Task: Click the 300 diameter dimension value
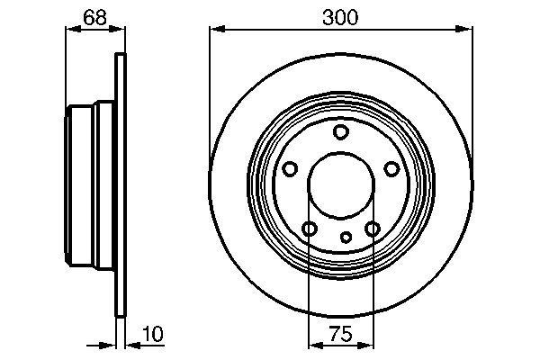coord(340,15)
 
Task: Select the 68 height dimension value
coord(94,15)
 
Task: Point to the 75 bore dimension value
coord(340,334)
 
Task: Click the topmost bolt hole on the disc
coord(340,133)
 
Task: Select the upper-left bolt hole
coord(290,169)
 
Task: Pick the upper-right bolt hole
coord(391,169)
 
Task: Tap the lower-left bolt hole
coord(309,229)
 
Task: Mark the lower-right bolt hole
coord(372,229)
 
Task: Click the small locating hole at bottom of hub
coord(346,238)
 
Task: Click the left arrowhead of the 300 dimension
coord(215,30)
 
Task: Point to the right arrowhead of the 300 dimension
coord(466,30)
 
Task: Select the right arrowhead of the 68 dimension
coord(117,30)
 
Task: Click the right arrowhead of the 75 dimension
coord(367,345)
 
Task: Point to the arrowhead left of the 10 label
coord(112,345)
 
